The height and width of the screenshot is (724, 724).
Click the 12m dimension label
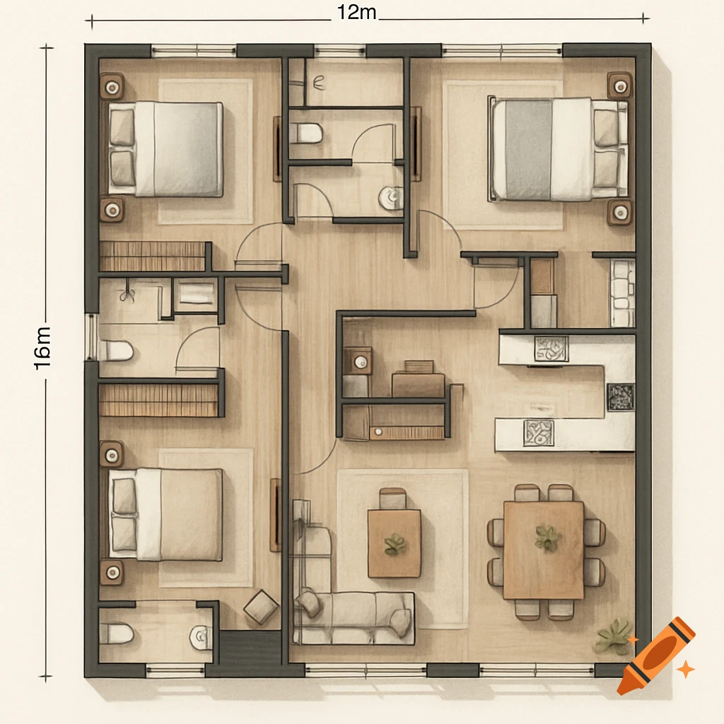tap(357, 13)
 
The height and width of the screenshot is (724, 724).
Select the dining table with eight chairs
tap(543, 549)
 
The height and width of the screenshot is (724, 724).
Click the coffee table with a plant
tap(394, 543)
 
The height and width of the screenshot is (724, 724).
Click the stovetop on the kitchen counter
tap(621, 397)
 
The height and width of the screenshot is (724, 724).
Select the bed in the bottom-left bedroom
tap(166, 514)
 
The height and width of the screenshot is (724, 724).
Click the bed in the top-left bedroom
tap(166, 148)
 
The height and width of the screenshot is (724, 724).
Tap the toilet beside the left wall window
tap(116, 350)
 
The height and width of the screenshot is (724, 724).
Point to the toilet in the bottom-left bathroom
tap(116, 633)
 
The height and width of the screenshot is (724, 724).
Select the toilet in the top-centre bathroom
tap(305, 132)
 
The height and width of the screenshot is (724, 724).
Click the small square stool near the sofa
tap(262, 607)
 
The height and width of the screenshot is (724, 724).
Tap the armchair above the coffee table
tap(392, 498)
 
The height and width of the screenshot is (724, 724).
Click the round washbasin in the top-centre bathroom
tap(390, 197)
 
